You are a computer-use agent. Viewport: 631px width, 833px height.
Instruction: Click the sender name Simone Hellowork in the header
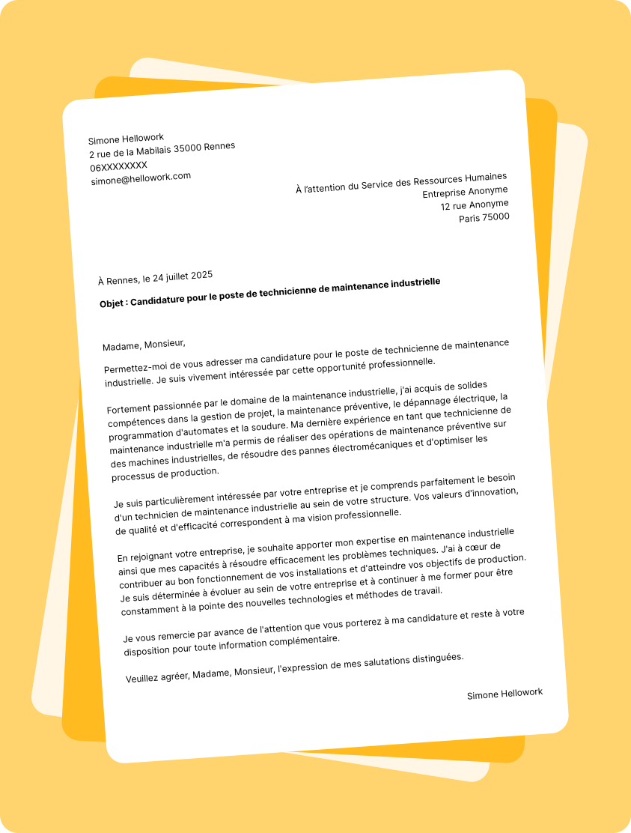pos(126,139)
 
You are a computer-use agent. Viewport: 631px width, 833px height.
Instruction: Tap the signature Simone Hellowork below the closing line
pos(505,694)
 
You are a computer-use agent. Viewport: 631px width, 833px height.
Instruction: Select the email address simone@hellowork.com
pos(141,178)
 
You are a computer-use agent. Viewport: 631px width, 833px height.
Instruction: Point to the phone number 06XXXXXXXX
pos(118,166)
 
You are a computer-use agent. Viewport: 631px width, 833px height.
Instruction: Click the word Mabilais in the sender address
pos(150,151)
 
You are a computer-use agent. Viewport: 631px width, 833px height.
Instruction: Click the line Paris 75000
pos(484,218)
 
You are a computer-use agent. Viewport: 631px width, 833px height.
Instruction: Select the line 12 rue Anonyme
pos(474,205)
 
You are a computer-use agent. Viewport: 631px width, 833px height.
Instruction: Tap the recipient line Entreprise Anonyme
pos(465,192)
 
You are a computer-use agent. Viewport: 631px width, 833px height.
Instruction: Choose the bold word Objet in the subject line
pos(113,304)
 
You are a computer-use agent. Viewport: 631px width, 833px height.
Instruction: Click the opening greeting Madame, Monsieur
pos(144,345)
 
